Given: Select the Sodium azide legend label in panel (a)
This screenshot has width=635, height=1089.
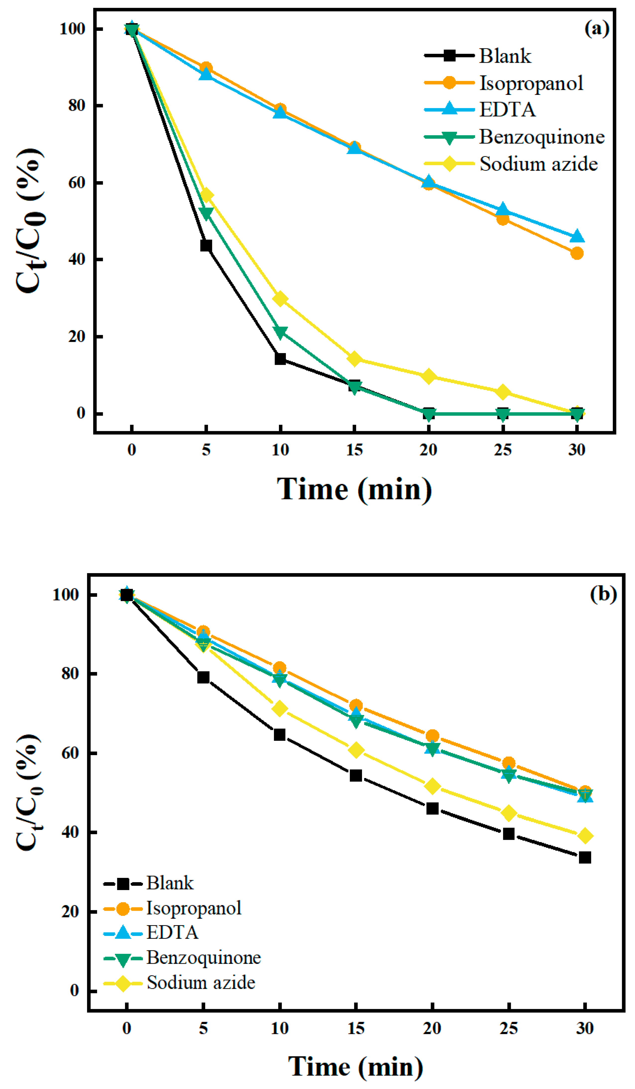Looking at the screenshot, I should point(538,164).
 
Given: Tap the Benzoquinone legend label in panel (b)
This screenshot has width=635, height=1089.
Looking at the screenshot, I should point(204,957).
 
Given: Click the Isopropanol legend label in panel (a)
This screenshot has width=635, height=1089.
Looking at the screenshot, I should point(531,83).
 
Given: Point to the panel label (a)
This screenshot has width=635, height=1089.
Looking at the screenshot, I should point(596,29).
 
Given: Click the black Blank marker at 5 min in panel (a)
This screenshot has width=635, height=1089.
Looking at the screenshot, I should point(206,245).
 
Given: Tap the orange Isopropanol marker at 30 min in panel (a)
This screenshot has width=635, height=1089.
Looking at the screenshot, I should point(577,253).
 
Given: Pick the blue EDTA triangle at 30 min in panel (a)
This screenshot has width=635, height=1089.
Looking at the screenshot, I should point(577,236).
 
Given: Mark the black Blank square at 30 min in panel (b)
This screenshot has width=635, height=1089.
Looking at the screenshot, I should point(584,857).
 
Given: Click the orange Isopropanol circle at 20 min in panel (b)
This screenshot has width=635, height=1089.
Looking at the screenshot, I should point(432,736).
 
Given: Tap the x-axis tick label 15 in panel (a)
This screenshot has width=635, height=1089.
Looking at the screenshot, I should point(354,450).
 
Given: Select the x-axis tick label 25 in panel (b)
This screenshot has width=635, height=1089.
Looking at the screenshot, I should point(508,1028).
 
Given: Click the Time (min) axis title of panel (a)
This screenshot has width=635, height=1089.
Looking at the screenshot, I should point(354,490).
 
